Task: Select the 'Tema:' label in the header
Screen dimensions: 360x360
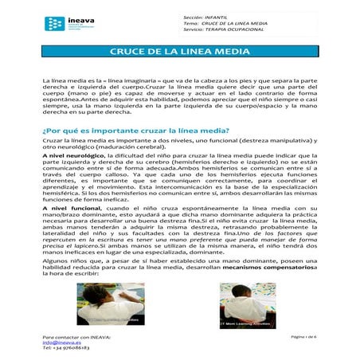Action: point(191,24)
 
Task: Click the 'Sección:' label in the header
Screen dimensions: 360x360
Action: point(194,17)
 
